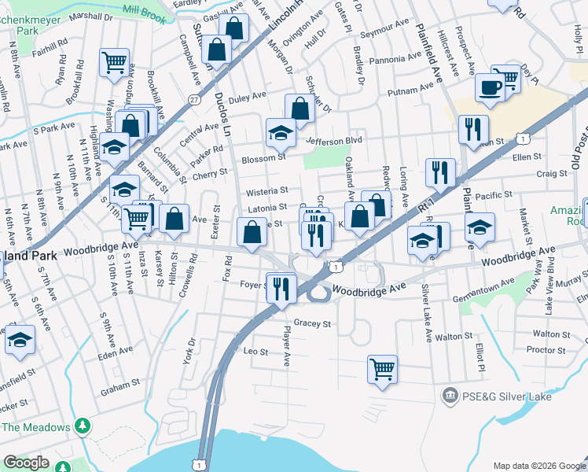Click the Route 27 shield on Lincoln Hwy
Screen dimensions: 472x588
coord(193,99)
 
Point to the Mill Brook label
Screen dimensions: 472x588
coord(144,13)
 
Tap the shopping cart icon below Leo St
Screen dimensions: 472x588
coord(382,369)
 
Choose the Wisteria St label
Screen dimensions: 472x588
coord(267,191)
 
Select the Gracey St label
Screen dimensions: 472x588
coord(312,323)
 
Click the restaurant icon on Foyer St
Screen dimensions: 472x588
coord(281,288)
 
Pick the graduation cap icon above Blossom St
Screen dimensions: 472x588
coord(280,132)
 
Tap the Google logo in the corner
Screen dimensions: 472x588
coord(26,463)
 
